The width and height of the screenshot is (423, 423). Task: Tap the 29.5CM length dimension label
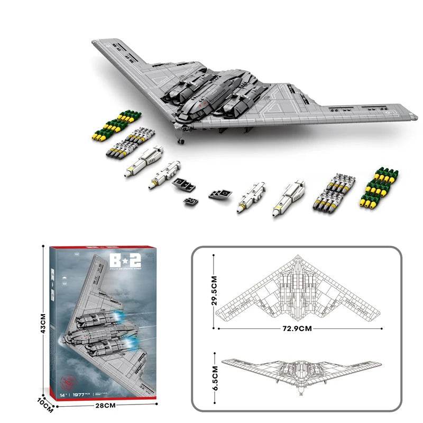tap(215, 290)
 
